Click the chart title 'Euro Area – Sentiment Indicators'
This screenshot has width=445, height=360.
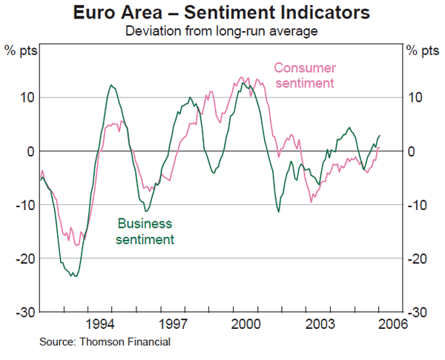[222, 13]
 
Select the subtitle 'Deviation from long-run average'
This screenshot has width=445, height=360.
[222, 30]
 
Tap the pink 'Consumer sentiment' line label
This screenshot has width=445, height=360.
[304, 75]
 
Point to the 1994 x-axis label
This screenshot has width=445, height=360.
[100, 324]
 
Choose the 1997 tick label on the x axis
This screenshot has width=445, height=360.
[173, 324]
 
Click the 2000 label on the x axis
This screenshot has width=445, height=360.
[245, 324]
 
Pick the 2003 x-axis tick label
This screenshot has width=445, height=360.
[318, 324]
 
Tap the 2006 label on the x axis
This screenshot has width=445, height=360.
[391, 324]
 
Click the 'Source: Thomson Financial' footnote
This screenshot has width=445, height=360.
[105, 342]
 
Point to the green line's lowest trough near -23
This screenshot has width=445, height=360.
[74, 276]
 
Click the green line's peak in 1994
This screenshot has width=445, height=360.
[111, 85]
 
